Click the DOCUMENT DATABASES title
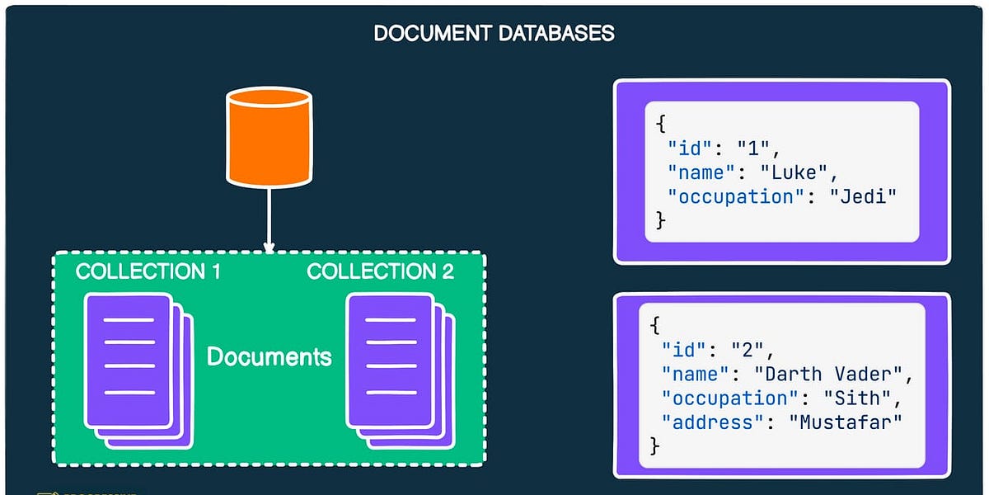point(494,34)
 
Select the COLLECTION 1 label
point(148,272)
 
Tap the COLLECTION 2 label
point(380,272)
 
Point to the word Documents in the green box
point(269,356)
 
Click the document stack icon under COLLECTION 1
point(137,370)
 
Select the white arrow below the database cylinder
point(268,218)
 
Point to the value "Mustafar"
point(845,422)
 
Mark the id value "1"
point(753,149)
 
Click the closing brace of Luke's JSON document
point(659,219)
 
